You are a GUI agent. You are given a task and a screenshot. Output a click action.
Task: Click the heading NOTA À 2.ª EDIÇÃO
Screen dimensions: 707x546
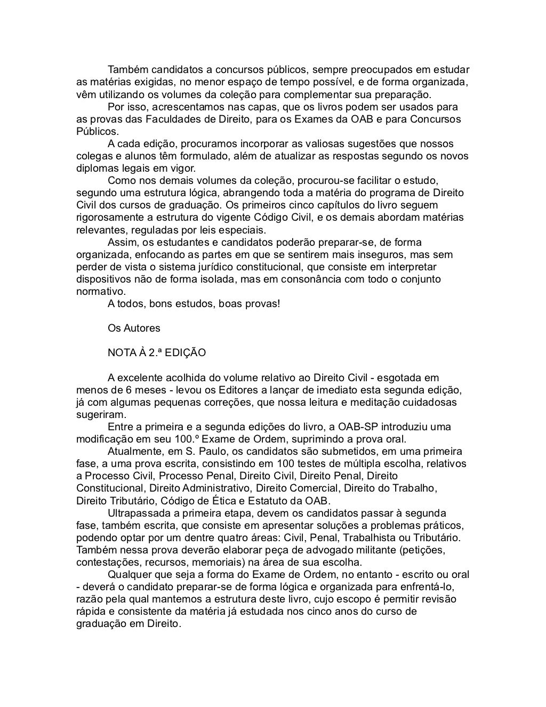click(x=157, y=353)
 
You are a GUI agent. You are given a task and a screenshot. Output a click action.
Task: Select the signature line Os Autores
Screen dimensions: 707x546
click(x=134, y=328)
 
